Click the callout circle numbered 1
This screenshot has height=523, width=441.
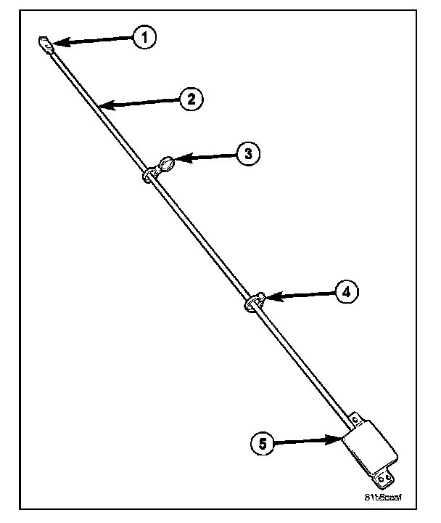144,37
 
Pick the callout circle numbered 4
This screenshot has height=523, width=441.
345,292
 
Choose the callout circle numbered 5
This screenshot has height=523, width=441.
265,442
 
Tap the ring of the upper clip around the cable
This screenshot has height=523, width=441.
149,175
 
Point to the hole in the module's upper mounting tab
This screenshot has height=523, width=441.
355,419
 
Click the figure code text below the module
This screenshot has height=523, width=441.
384,498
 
